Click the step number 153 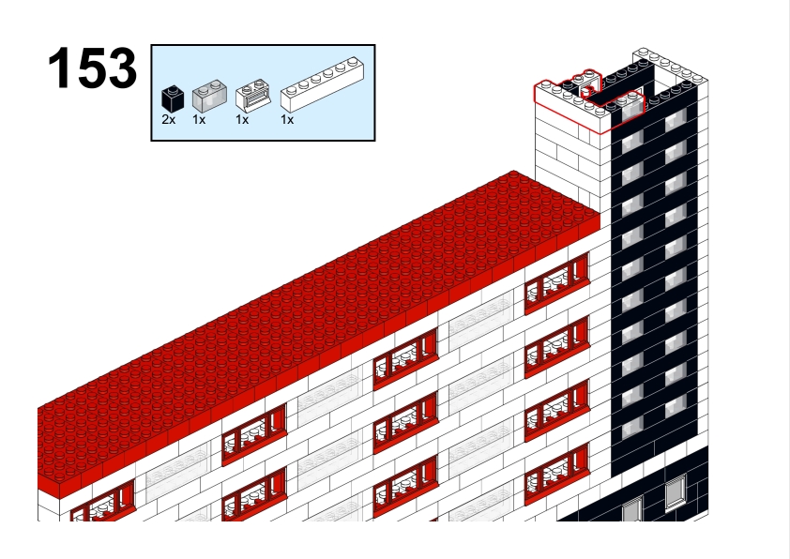pos(92,68)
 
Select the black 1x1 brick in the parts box pos(173,98)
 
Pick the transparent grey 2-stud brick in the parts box pos(209,97)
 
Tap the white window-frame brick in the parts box pos(253,95)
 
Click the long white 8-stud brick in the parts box pos(323,84)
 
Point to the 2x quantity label pos(169,120)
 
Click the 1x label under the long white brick pos(287,120)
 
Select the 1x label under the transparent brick pos(199,120)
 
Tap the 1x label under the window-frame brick pos(242,120)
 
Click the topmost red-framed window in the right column pos(556,283)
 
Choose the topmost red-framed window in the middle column pos(405,357)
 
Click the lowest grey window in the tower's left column pos(632,428)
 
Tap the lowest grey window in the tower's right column pos(676,405)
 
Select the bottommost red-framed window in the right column pos(556,476)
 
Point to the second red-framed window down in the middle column pos(405,422)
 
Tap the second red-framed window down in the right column pos(556,346)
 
